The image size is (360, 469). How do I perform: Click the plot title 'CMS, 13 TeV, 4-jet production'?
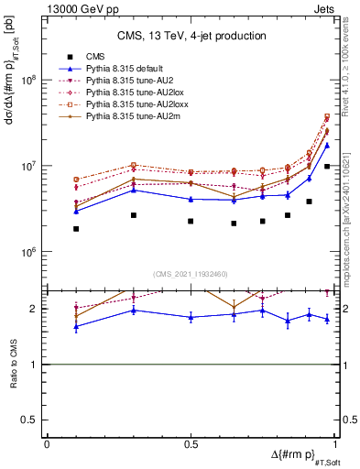pyautogui.click(x=191, y=37)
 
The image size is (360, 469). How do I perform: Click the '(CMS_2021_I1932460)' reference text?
pyautogui.click(x=191, y=272)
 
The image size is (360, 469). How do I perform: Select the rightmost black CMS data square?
pyautogui.click(x=327, y=167)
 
